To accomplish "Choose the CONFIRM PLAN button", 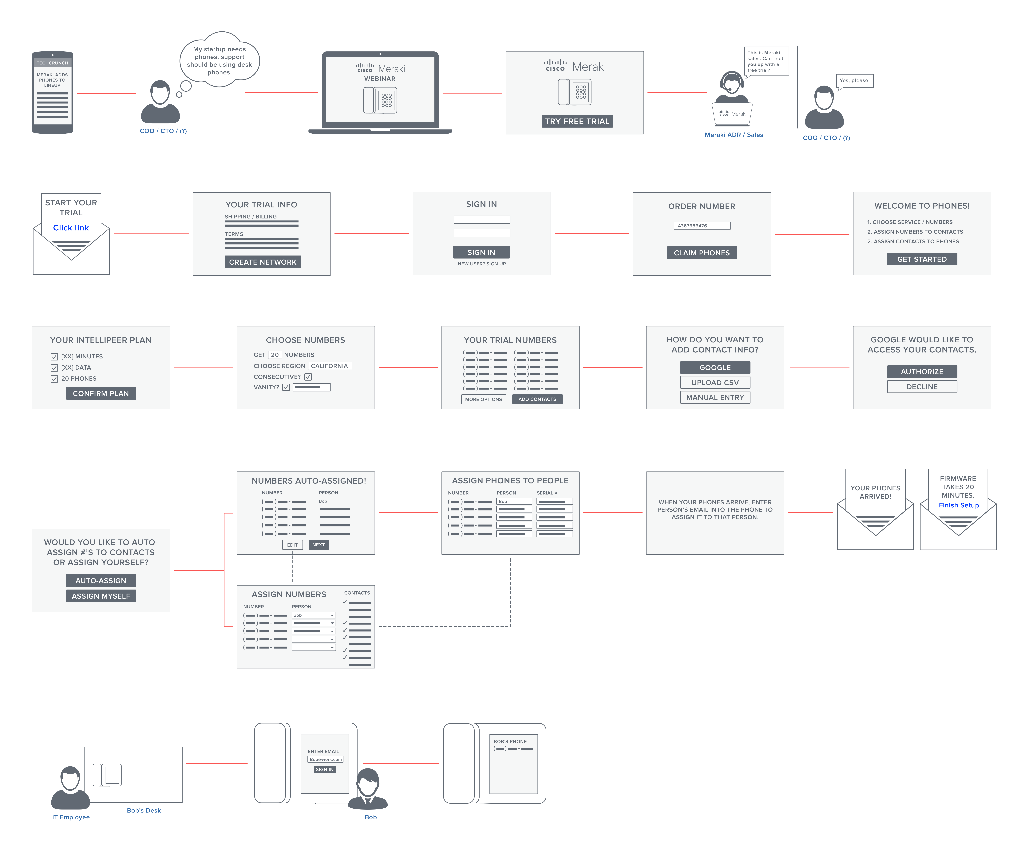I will (x=101, y=393).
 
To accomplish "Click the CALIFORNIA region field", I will (x=330, y=366).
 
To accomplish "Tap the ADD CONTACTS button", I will (x=537, y=399).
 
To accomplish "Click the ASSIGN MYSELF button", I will (x=101, y=596).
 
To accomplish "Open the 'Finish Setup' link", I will (x=958, y=505).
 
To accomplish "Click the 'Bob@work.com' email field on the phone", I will (x=325, y=759).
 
